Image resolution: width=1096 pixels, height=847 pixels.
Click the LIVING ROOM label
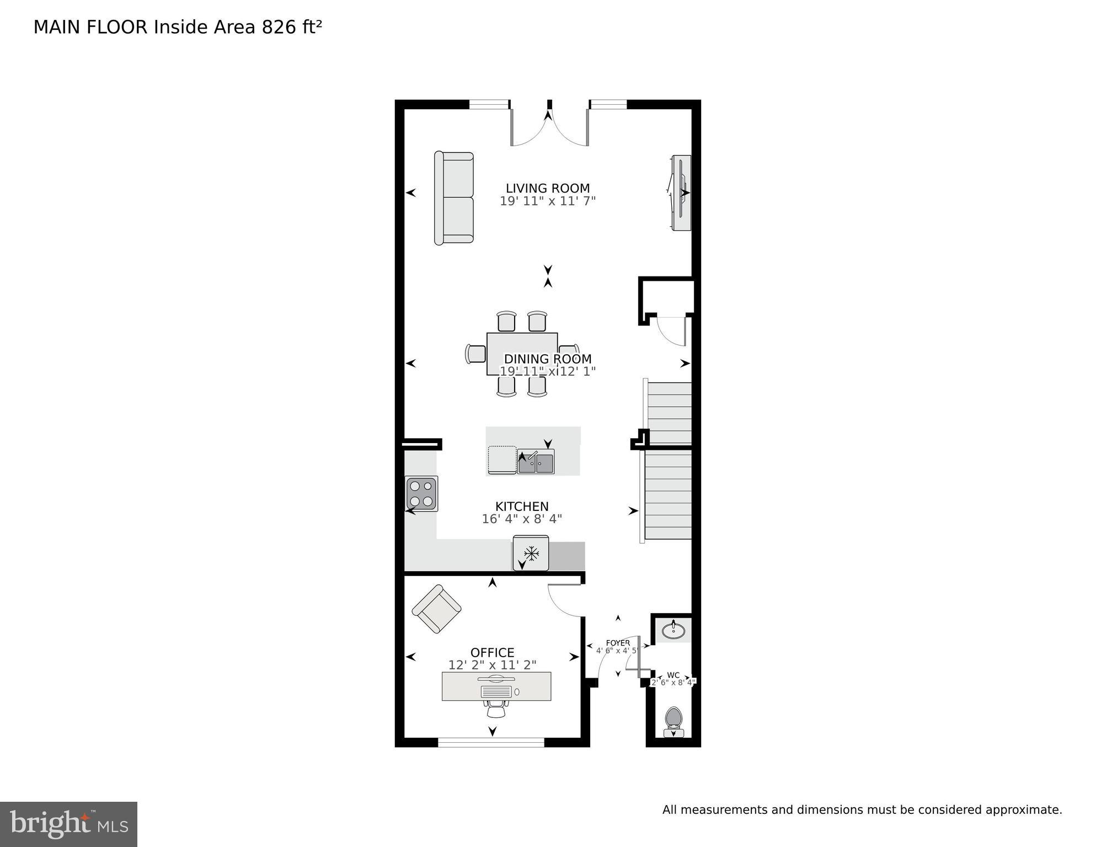(x=547, y=188)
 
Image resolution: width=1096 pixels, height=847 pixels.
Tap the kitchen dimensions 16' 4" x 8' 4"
(x=521, y=519)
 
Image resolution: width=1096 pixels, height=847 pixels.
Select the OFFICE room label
(x=492, y=652)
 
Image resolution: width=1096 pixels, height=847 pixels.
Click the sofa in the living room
(x=454, y=198)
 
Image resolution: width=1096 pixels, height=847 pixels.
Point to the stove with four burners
(x=421, y=493)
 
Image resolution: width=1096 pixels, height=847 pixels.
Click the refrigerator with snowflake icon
(x=531, y=553)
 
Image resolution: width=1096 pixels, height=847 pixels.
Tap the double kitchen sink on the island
(x=536, y=462)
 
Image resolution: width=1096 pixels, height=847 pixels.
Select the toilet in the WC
(x=673, y=720)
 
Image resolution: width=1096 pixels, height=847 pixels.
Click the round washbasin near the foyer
(x=673, y=630)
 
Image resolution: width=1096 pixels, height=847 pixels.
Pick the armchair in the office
(x=436, y=609)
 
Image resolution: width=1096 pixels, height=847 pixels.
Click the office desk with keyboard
(x=496, y=686)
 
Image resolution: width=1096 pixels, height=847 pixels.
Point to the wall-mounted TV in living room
(x=681, y=193)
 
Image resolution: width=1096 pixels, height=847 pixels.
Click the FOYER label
(x=617, y=643)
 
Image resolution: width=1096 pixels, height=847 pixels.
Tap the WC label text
(x=673, y=675)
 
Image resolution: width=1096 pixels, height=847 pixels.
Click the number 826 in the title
(x=279, y=27)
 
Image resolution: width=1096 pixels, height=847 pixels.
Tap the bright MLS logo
(x=68, y=824)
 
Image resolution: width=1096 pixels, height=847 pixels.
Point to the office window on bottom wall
(x=491, y=742)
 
